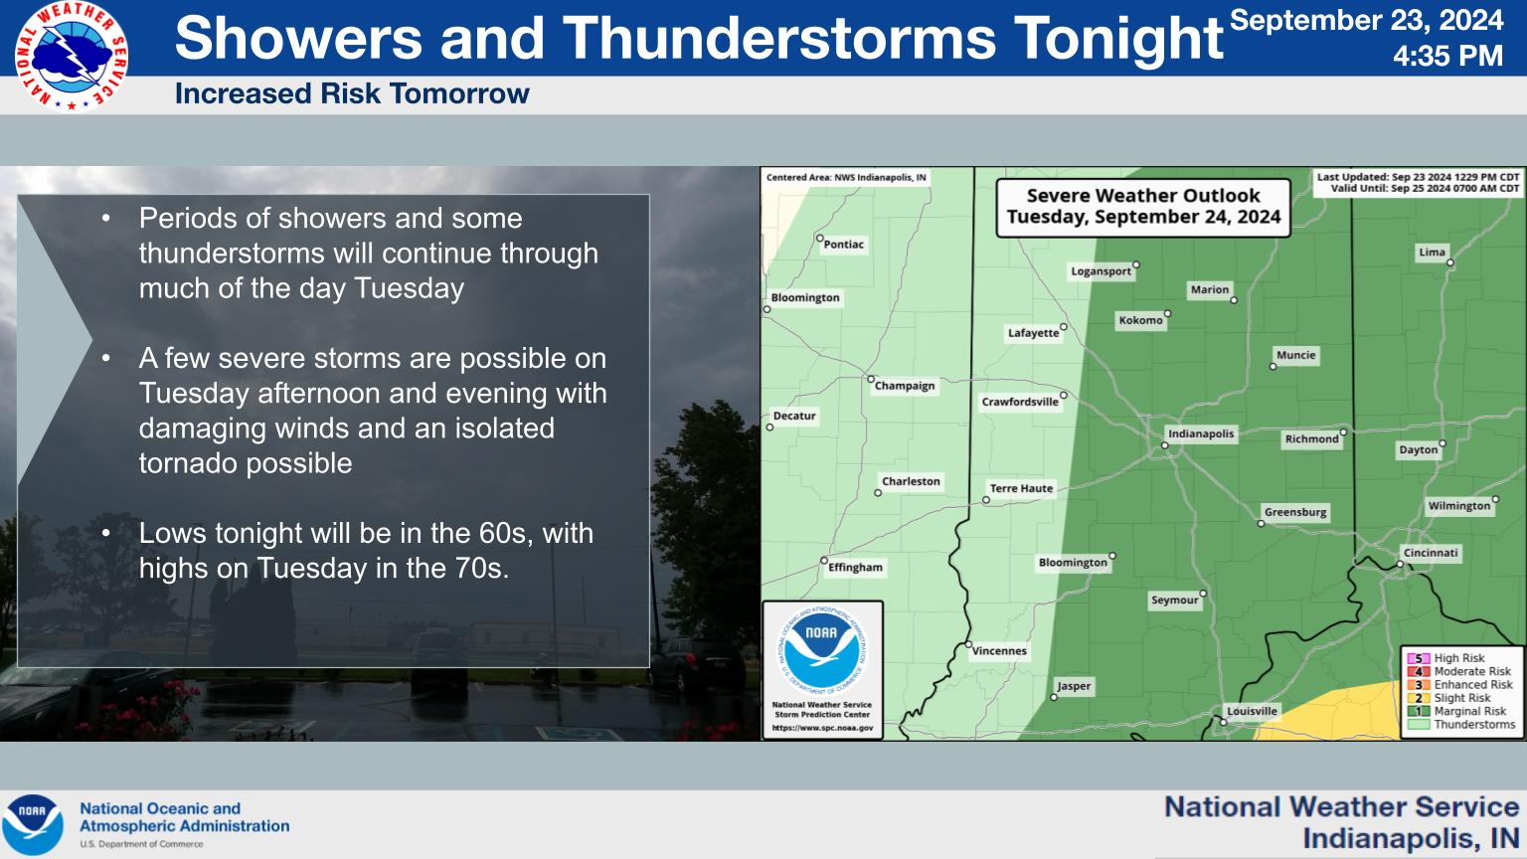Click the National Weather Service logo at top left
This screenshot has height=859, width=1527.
[x=72, y=57]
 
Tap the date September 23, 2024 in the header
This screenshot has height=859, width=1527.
[x=1366, y=21]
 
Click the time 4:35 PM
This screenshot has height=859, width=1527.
[x=1446, y=57]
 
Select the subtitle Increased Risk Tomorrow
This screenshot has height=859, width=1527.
[x=352, y=94]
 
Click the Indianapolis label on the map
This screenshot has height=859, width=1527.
[x=1201, y=433]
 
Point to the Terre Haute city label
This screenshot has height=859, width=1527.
[x=1021, y=488]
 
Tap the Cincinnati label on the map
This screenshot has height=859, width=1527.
[x=1431, y=553]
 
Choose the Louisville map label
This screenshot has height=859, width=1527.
[x=1252, y=711]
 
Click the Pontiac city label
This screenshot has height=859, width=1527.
[x=844, y=245]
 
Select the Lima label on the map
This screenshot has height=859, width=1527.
[x=1432, y=253]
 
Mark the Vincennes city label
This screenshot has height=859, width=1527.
[x=999, y=651]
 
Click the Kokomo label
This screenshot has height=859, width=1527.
[x=1140, y=320]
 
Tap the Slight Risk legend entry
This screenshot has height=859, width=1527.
[x=1461, y=698]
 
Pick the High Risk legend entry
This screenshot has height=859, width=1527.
[x=1458, y=658]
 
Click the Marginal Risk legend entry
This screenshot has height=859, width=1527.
[x=1469, y=711]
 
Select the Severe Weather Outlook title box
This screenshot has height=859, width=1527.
[x=1143, y=207]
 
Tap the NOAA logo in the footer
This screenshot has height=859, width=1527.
[x=32, y=824]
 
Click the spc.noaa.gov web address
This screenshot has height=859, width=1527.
[x=822, y=728]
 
